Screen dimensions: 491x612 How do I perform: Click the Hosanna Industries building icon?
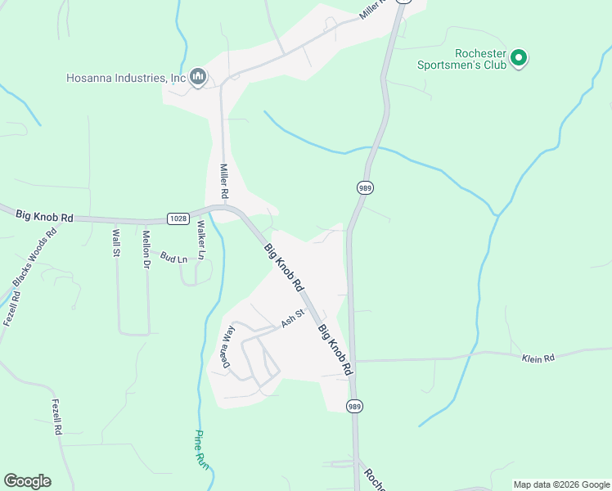(x=197, y=78)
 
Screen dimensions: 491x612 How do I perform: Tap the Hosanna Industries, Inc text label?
(x=126, y=79)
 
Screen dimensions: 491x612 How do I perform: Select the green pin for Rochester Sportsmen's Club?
(x=519, y=58)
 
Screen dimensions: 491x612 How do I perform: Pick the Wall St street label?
(x=116, y=243)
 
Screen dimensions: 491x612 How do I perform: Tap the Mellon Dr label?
(x=147, y=245)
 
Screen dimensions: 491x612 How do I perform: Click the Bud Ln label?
(x=173, y=257)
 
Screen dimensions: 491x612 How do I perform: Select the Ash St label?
(x=293, y=318)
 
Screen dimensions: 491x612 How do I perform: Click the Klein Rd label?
(x=538, y=358)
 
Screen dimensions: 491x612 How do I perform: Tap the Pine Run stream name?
(x=203, y=449)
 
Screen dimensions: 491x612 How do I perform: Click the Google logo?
(x=27, y=481)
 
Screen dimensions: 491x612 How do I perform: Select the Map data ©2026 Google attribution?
(x=560, y=484)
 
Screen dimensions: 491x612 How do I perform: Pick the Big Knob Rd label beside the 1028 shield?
(x=44, y=217)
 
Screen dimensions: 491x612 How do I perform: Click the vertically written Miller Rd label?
(x=223, y=182)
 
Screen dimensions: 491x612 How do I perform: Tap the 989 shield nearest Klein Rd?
(x=354, y=406)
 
